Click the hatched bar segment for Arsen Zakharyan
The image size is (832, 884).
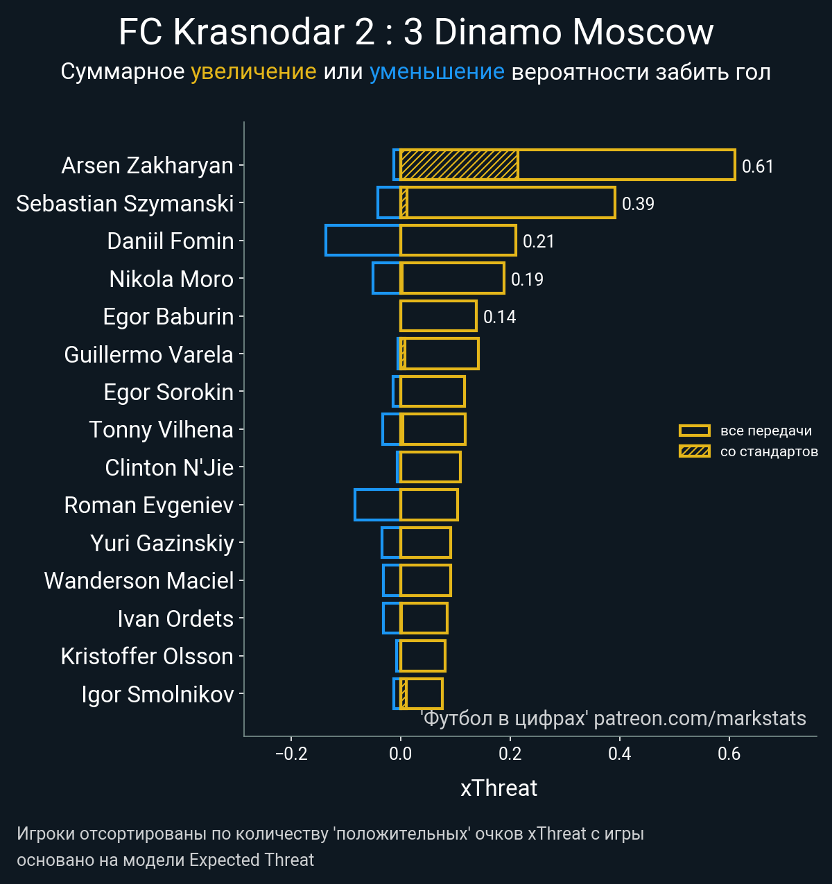click(x=459, y=165)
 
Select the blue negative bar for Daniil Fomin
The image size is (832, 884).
click(x=363, y=241)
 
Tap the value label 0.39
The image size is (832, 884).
click(x=638, y=204)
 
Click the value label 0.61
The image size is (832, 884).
click(x=757, y=166)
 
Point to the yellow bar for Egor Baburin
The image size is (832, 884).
click(x=438, y=316)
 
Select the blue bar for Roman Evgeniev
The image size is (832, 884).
click(x=377, y=505)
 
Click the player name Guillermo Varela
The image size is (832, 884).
click(x=148, y=354)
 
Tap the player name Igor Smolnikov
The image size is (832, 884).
click(x=157, y=694)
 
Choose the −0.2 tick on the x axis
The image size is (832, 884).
click(x=291, y=754)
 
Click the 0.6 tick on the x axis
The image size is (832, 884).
click(x=729, y=754)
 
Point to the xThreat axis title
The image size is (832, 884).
click(x=499, y=788)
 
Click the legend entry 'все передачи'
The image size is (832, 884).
click(x=765, y=431)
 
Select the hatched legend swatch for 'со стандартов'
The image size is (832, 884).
click(x=694, y=451)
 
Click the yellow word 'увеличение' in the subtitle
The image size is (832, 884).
click(x=253, y=71)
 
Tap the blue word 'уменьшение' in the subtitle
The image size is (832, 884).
click(x=437, y=71)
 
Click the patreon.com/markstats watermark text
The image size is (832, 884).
click(x=700, y=718)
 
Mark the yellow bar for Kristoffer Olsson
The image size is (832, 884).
click(x=423, y=656)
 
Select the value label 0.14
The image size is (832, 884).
click(x=499, y=317)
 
